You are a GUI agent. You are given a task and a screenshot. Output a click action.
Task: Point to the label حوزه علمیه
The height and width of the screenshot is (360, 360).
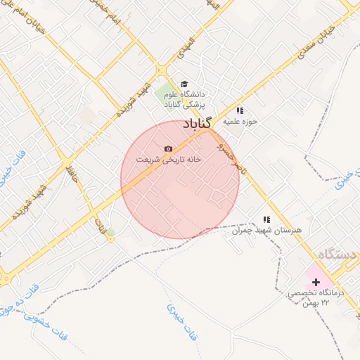pos(241,121)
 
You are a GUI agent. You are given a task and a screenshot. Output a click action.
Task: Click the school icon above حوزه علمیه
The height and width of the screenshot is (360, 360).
pos(240,110)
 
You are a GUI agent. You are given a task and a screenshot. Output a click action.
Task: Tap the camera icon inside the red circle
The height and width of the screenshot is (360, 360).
pos(167,148)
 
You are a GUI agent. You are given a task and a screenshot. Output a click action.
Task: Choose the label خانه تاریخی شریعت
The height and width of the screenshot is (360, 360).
pos(169,160)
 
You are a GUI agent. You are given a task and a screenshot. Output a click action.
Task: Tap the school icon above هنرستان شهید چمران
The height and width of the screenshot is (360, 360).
pos(266,219)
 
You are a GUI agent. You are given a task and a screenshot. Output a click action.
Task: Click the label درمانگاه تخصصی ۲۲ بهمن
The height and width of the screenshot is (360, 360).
pos(314,297)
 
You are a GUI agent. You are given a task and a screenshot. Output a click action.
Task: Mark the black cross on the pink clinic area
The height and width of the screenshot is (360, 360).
pos(315,281)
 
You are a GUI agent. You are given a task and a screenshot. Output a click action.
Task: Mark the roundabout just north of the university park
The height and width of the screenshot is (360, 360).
pos(161,70)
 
